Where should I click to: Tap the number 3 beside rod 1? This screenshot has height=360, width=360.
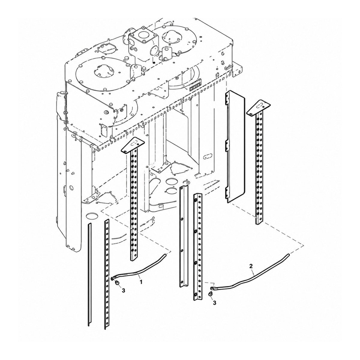[x=123, y=295]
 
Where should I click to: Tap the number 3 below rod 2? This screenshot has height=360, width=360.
[x=214, y=303]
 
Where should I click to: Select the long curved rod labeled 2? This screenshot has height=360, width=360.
[x=250, y=274]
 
